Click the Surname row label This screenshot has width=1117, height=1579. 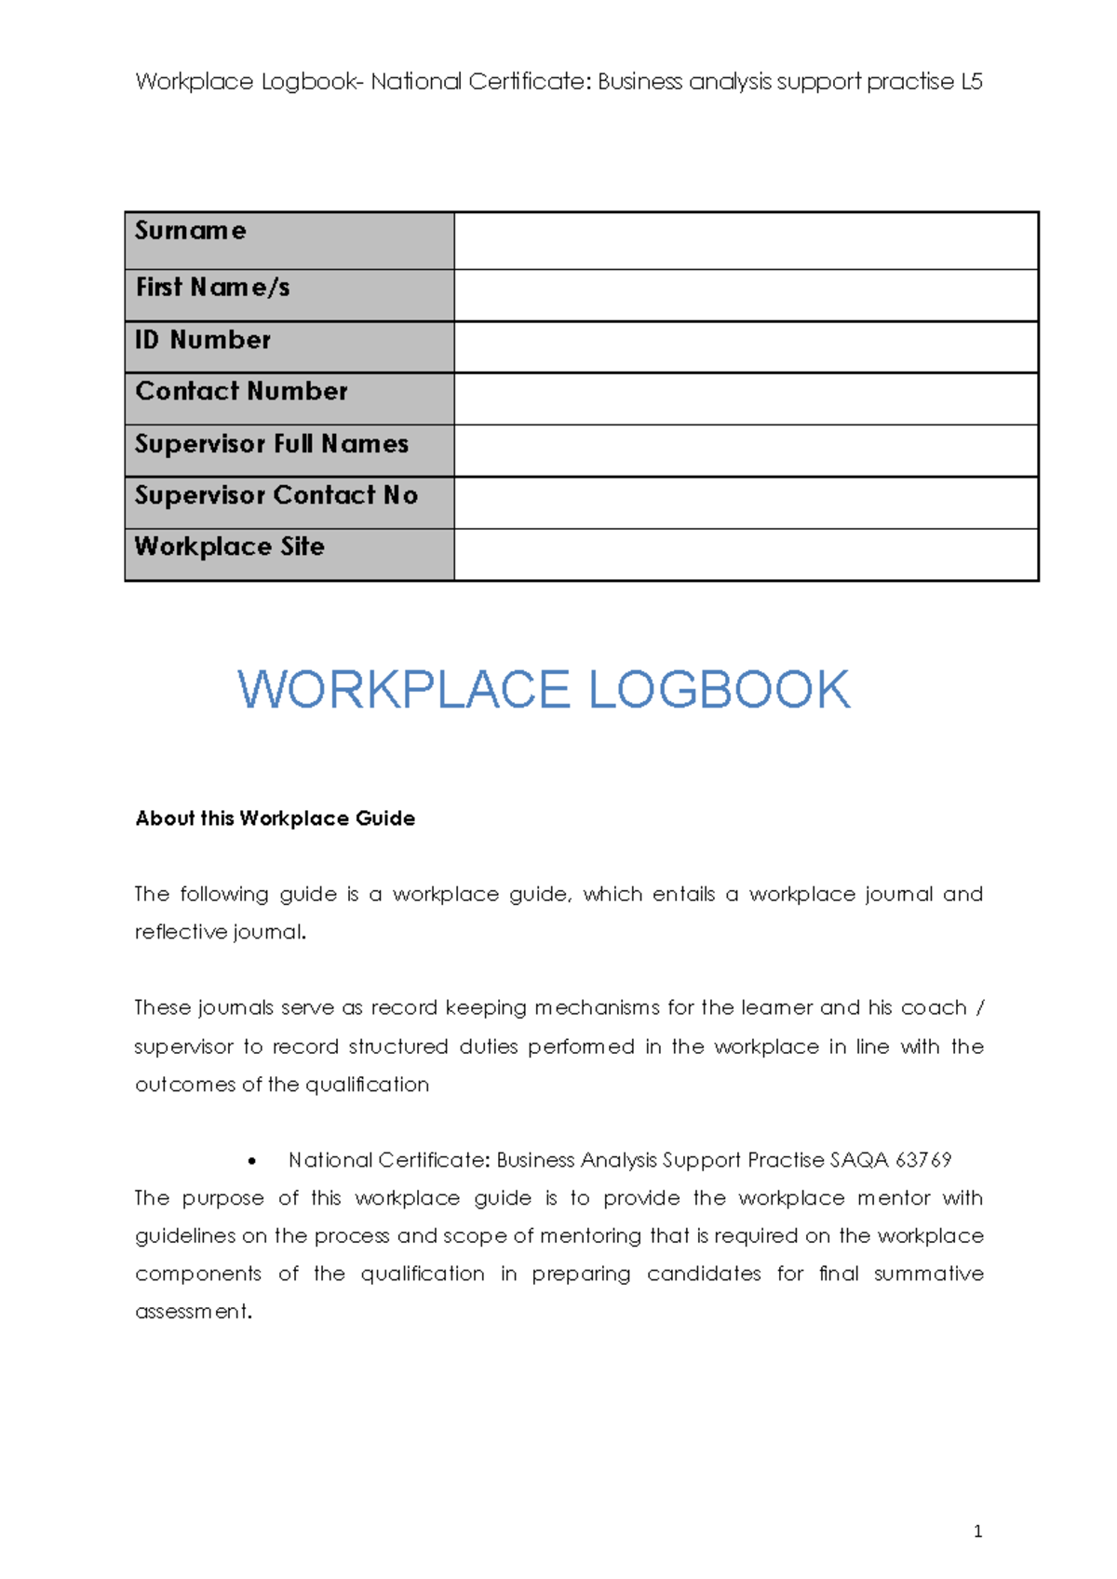click(x=191, y=231)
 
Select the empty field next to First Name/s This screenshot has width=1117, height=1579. click(x=745, y=295)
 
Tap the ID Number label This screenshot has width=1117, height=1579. click(x=203, y=340)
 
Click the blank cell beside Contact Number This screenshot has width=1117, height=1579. click(x=745, y=398)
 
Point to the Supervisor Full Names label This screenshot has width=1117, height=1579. click(x=272, y=444)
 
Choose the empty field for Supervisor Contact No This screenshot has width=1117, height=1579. click(x=745, y=503)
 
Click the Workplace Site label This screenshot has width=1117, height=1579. click(x=230, y=547)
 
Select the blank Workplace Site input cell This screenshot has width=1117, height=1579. click(x=745, y=555)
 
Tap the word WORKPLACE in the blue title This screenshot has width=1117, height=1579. click(x=404, y=690)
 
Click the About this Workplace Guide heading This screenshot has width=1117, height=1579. click(x=276, y=818)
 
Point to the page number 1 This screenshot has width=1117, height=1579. click(x=977, y=1532)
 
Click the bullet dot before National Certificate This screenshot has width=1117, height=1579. click(x=252, y=1161)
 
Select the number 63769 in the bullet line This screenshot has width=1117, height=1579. click(x=923, y=1160)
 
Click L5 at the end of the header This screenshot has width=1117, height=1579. click(x=971, y=82)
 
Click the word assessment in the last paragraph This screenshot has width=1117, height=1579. click(x=192, y=1312)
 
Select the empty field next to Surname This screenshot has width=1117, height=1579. click(x=745, y=241)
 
